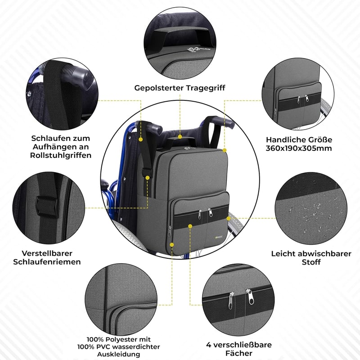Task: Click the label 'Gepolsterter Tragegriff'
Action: tap(180, 88)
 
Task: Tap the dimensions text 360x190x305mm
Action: tap(299, 148)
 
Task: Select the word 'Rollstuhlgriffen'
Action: tap(61, 155)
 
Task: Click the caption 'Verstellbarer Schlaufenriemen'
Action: tap(47, 257)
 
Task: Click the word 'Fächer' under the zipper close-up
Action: tap(239, 353)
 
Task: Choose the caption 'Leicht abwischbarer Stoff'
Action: tap(311, 257)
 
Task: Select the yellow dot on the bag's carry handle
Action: tap(180, 137)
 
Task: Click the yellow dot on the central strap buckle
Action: tap(148, 178)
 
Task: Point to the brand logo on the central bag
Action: tap(219, 238)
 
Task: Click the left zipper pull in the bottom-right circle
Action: tap(231, 300)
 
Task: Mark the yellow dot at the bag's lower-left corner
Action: tap(172, 245)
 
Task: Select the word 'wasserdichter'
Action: tap(136, 346)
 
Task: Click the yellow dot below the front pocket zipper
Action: tap(190, 226)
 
